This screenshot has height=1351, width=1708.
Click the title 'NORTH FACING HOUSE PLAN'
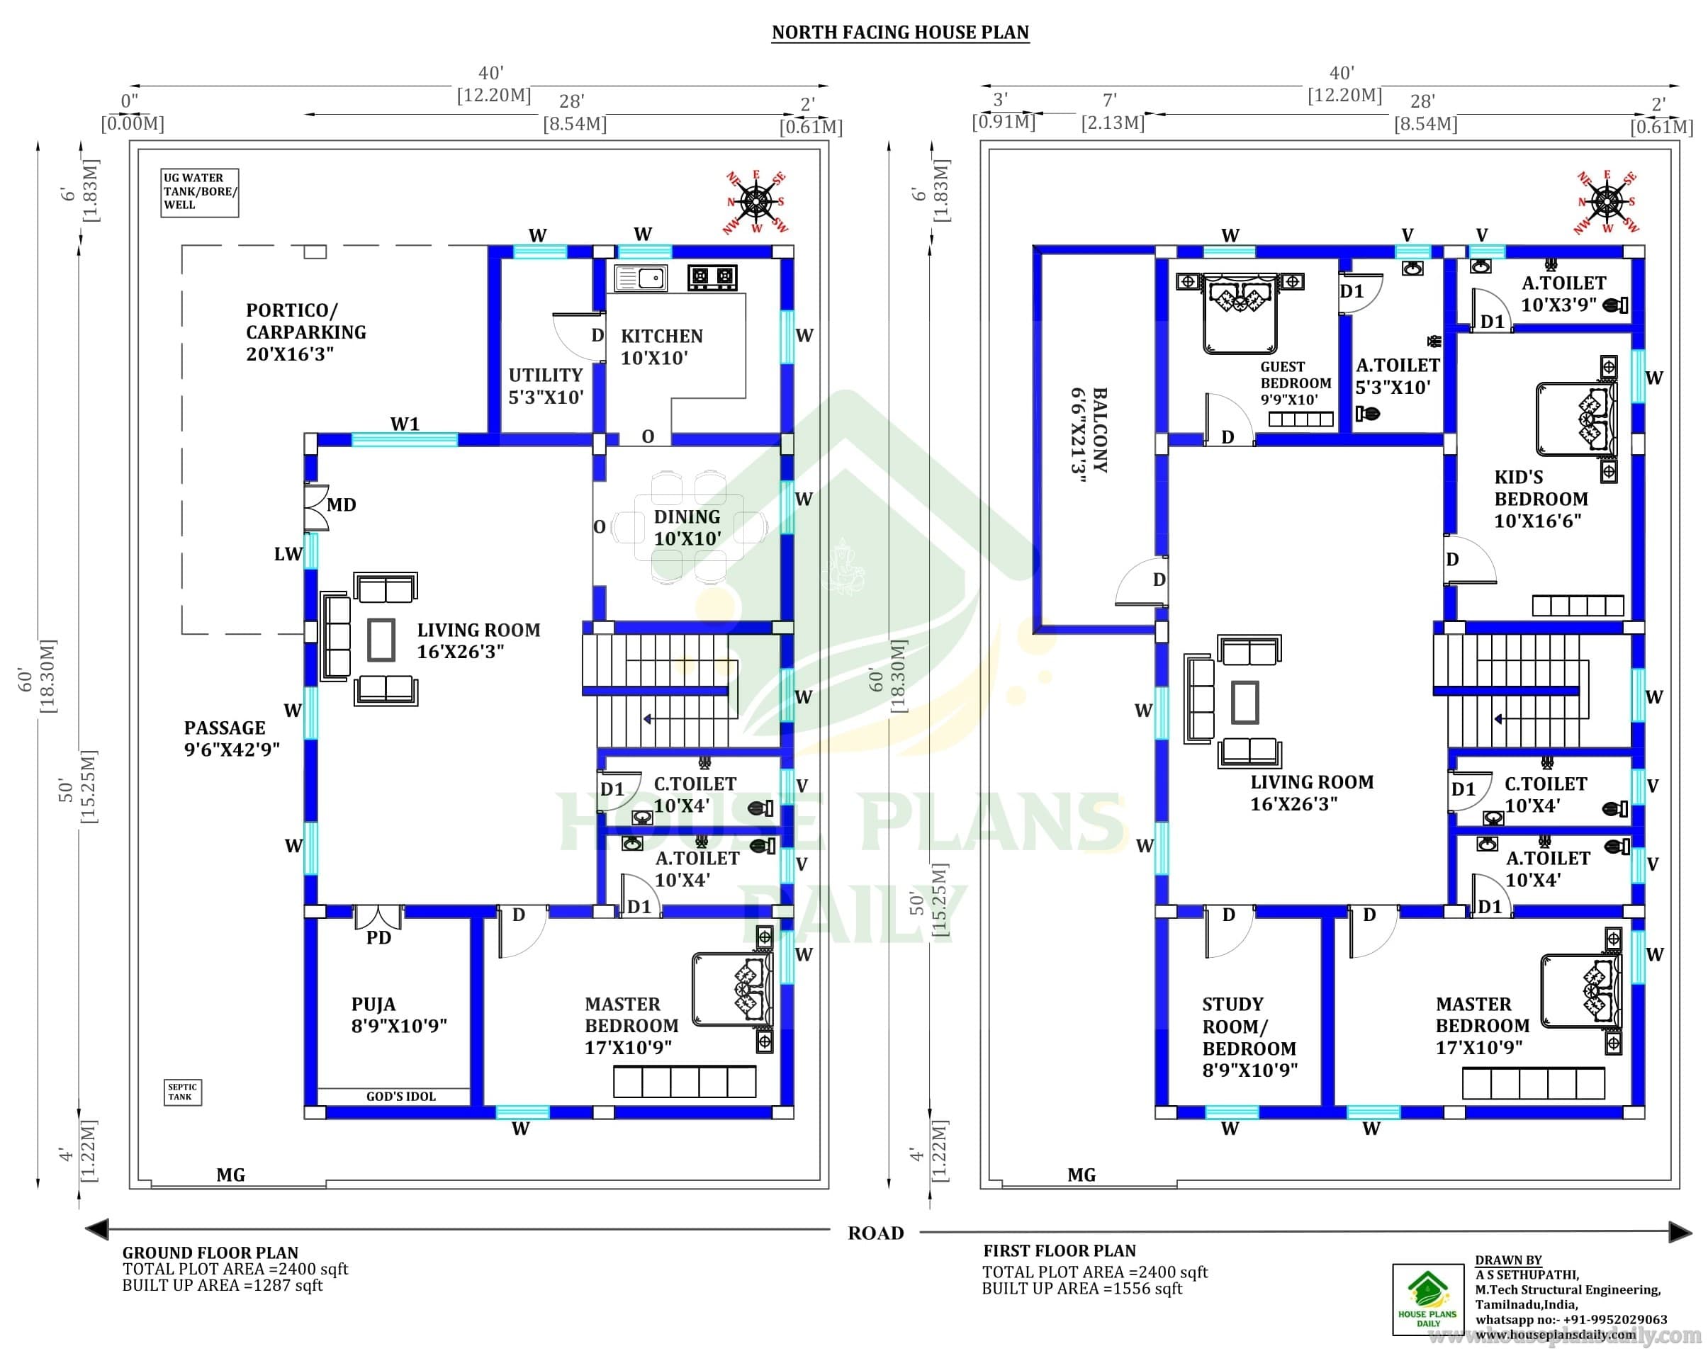click(899, 33)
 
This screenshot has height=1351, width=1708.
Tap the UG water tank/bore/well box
click(199, 192)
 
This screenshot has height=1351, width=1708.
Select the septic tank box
click(183, 1092)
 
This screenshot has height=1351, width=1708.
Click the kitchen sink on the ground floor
click(641, 278)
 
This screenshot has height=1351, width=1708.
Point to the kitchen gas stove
click(712, 277)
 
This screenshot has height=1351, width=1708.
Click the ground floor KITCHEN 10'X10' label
click(661, 346)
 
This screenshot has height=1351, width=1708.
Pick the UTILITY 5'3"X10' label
click(545, 386)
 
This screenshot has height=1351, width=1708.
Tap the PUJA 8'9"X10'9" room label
click(399, 1014)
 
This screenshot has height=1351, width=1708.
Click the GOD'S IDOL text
click(400, 1096)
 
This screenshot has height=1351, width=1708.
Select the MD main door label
click(341, 504)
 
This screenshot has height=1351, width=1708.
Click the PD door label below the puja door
click(378, 937)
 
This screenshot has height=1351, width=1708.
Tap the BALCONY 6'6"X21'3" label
click(1089, 430)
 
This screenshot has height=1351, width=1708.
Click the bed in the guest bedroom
click(1239, 313)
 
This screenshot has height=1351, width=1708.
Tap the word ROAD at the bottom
click(875, 1233)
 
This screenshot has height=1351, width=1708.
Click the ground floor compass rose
click(756, 203)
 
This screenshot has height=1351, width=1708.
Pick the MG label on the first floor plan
click(1081, 1175)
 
